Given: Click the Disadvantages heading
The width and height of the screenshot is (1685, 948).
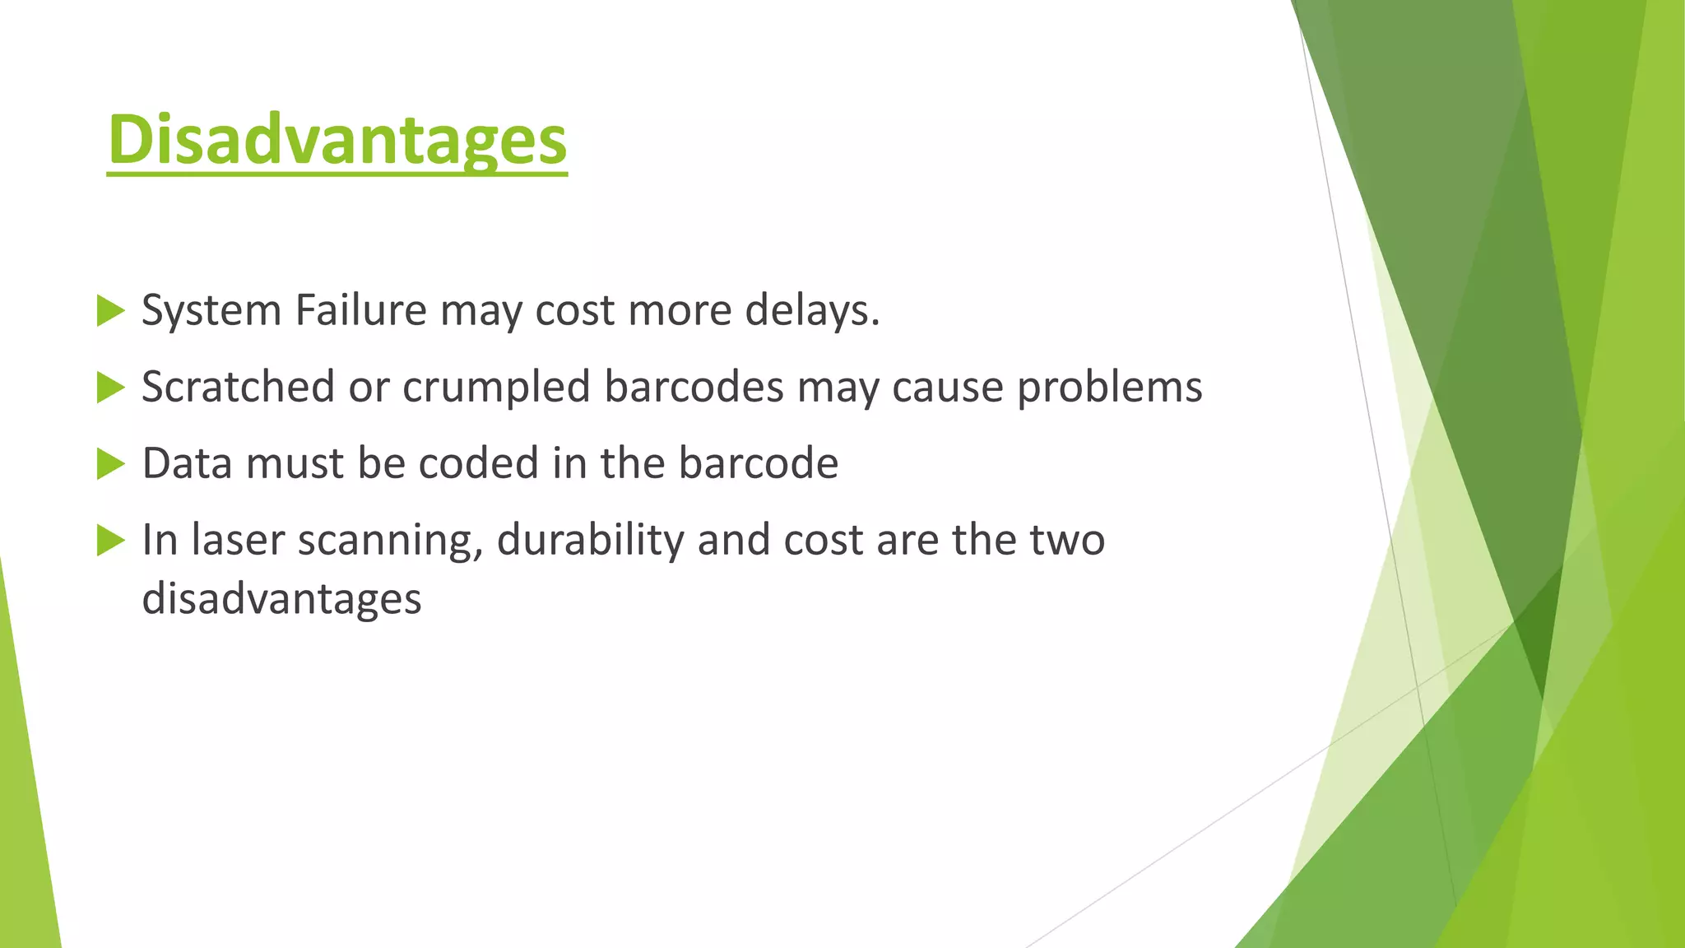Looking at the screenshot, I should click(337, 140).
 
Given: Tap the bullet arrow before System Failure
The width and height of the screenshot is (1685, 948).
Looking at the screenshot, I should click(110, 311).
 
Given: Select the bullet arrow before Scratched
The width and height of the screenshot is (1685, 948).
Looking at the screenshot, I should click(110, 388).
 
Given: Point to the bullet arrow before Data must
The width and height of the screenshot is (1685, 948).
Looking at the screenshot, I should click(110, 464).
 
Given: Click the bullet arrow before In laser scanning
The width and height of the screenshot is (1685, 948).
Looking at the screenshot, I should click(110, 541).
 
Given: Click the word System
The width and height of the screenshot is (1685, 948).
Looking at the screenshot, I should click(211, 311).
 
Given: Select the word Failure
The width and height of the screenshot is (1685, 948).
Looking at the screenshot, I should click(360, 310).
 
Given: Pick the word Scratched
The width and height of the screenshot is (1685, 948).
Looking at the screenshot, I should click(238, 387).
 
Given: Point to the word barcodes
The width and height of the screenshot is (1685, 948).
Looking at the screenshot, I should click(694, 387).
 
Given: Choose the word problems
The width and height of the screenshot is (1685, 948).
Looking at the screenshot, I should click(1109, 388).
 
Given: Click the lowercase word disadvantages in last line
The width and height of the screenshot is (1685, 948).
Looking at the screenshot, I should click(281, 598).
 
